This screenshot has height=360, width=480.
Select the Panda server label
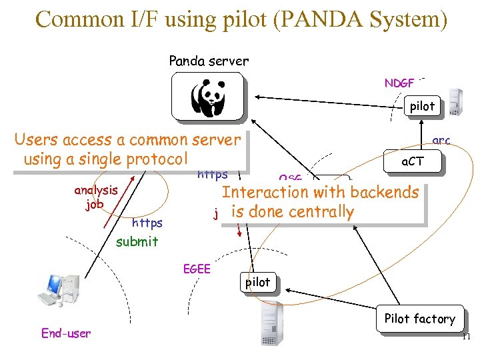209,61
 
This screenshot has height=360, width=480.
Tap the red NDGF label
399,83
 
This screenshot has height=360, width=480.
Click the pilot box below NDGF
422,106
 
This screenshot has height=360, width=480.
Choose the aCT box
412,161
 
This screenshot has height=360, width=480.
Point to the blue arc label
441,141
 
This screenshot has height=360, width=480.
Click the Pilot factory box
419,319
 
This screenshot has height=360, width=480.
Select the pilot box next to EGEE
258,282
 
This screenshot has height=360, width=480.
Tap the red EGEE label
197,269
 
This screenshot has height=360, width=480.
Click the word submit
137,242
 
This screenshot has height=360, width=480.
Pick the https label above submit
147,223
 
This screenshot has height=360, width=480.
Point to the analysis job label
95,197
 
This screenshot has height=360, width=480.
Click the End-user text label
66,333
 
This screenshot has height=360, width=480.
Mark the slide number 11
466,337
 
